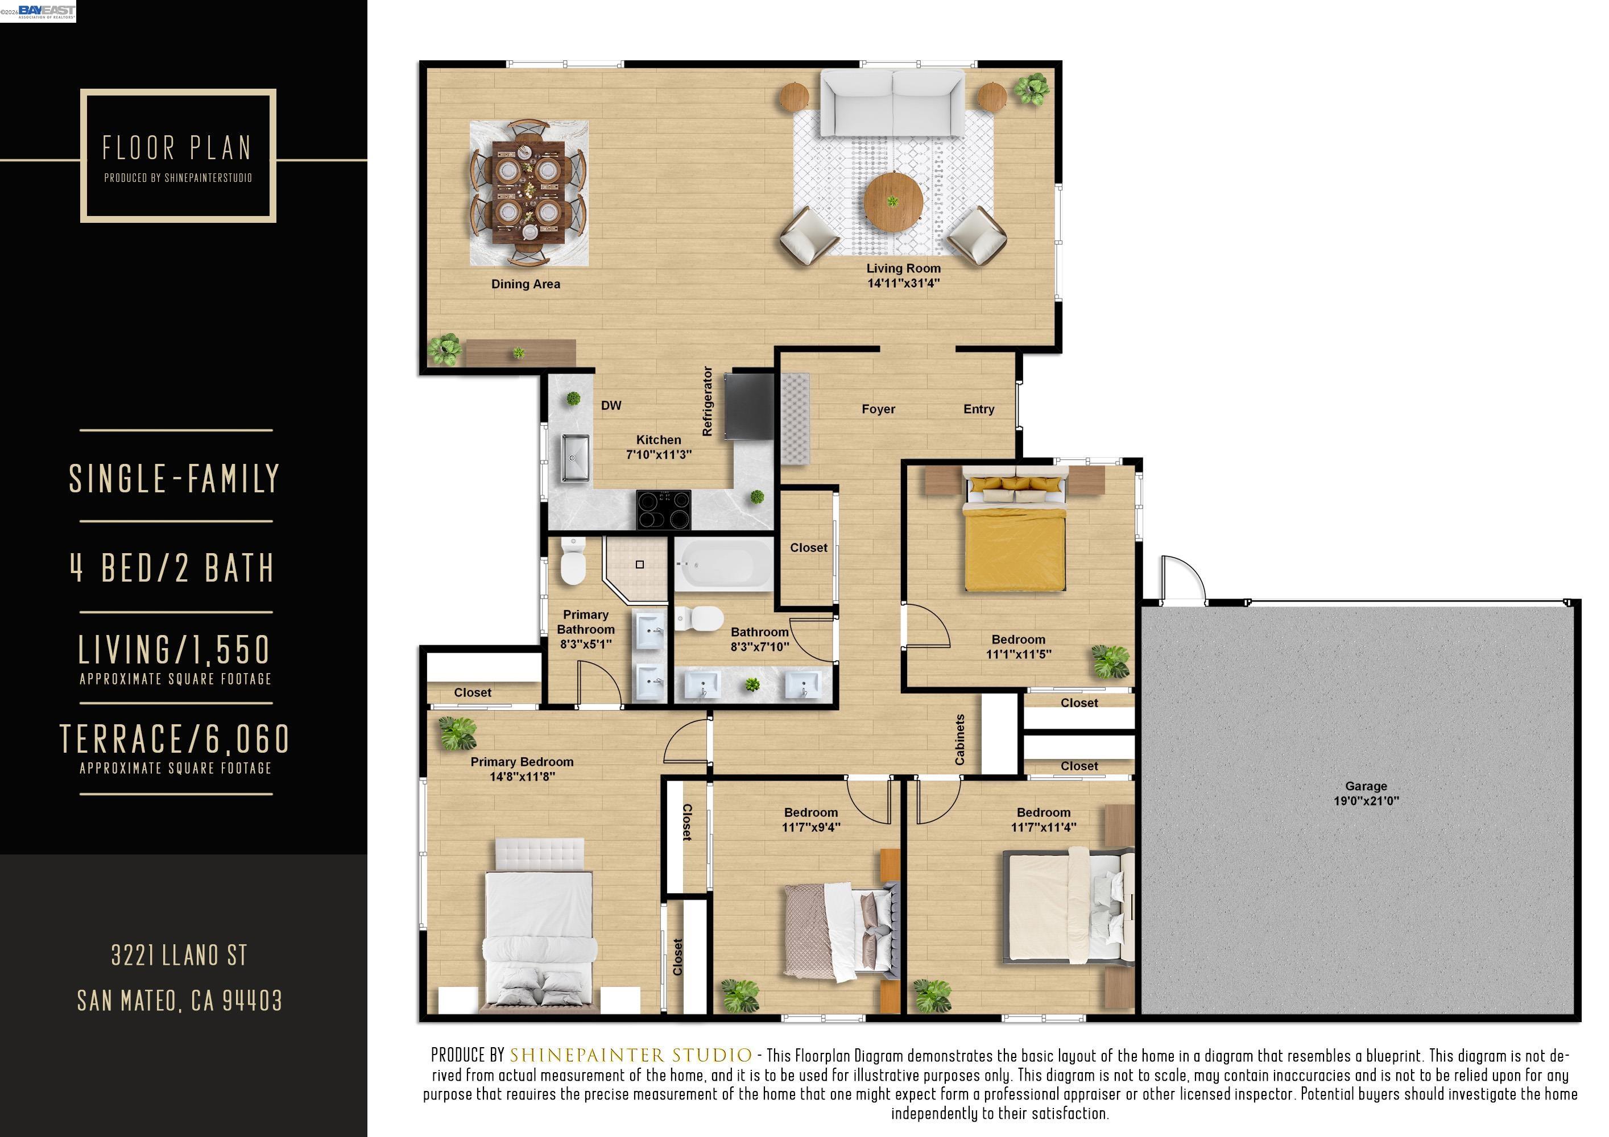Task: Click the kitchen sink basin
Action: tap(576, 458)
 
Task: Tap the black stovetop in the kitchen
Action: tap(663, 509)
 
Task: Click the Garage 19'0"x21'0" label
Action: tap(1365, 793)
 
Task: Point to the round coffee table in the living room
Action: tap(892, 202)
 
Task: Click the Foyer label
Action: tap(878, 409)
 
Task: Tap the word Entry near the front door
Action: tap(978, 409)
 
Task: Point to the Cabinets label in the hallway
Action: tap(960, 739)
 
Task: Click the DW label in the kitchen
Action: tap(611, 405)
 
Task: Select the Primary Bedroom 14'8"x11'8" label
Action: tap(522, 769)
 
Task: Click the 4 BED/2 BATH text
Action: tap(173, 568)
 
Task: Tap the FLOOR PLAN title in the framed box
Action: tap(177, 148)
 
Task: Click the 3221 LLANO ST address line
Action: tap(179, 956)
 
